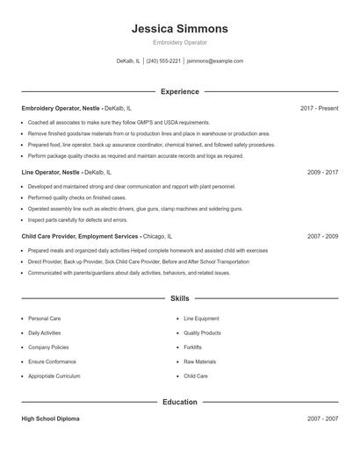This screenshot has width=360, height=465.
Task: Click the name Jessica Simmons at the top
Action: [179, 28]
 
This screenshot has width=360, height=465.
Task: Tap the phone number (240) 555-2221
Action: [163, 61]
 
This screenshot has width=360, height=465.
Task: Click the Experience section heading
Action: [180, 91]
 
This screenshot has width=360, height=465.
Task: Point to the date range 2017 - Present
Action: [319, 108]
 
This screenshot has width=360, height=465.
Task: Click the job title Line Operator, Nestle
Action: [51, 173]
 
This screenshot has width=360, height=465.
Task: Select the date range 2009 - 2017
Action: [322, 173]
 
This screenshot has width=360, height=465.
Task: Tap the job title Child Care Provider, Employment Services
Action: [80, 237]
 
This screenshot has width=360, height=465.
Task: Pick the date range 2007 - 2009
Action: [322, 237]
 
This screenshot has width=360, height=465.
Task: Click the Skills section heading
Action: [180, 298]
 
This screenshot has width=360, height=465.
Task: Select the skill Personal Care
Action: [44, 318]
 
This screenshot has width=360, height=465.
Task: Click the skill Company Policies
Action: [47, 347]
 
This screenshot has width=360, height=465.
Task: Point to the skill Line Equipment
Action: [201, 318]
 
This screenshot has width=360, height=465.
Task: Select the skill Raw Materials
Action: [199, 361]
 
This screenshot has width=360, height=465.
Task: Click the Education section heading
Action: [180, 402]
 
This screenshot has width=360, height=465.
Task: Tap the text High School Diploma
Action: [50, 418]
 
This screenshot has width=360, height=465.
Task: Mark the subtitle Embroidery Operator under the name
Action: [179, 42]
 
